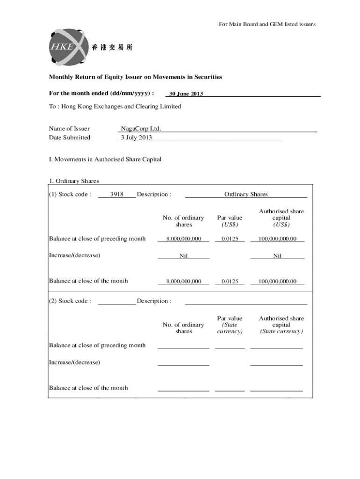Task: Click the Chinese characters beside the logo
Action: [x=112, y=47]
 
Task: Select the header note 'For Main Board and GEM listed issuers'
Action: [x=267, y=24]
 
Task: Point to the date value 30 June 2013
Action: [x=186, y=94]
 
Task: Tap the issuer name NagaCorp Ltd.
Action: [x=141, y=129]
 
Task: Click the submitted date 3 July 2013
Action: [x=137, y=138]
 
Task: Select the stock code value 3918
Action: [x=116, y=195]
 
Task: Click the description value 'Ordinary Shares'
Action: [x=246, y=195]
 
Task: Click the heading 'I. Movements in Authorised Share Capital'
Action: [x=105, y=159]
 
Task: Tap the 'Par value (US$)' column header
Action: [x=230, y=221]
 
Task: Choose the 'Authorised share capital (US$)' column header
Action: [x=281, y=218]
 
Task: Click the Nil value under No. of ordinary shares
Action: [x=183, y=256]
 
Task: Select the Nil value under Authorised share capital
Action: [x=277, y=256]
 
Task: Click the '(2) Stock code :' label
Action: [x=70, y=301]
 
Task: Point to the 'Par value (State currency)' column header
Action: [x=230, y=325]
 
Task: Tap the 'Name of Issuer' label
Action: [x=69, y=129]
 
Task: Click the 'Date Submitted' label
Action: [x=70, y=138]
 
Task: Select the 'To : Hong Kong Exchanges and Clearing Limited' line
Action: [x=115, y=107]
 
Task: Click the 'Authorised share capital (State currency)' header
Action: [x=281, y=325]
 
